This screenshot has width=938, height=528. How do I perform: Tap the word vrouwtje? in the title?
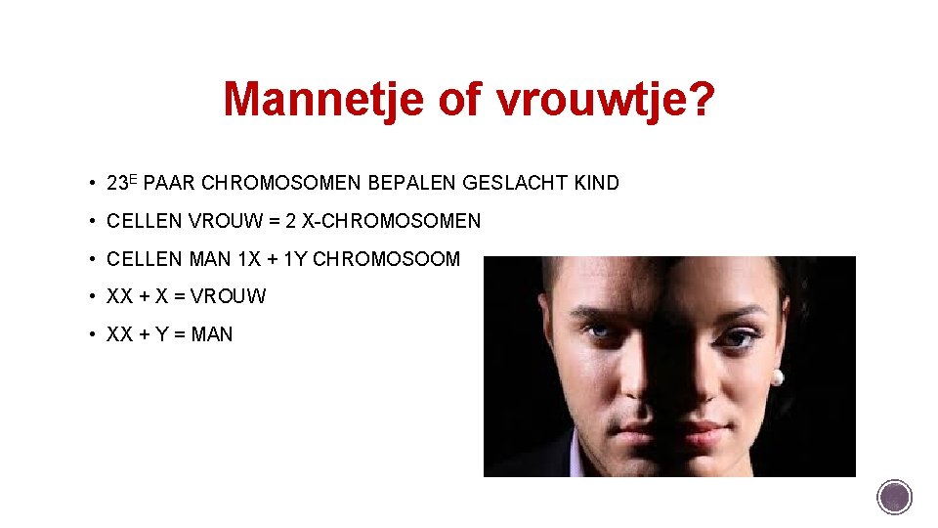(605, 98)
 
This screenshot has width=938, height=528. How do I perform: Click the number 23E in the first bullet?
(123, 183)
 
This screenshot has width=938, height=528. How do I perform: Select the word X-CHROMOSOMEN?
(392, 221)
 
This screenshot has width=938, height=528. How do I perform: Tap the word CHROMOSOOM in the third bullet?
(386, 259)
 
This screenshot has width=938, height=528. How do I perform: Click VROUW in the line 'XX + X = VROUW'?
(234, 296)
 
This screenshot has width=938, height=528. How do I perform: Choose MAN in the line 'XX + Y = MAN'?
(212, 334)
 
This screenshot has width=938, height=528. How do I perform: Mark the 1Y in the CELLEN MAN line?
(295, 259)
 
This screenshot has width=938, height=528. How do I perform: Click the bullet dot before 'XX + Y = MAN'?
(90, 334)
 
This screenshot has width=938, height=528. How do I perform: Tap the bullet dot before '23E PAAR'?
(90, 183)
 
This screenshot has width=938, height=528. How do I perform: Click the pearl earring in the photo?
(778, 376)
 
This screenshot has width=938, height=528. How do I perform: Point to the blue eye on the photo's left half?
(598, 332)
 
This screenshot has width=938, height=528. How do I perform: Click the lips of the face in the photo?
(674, 427)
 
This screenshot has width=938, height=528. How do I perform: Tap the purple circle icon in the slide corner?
(894, 496)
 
